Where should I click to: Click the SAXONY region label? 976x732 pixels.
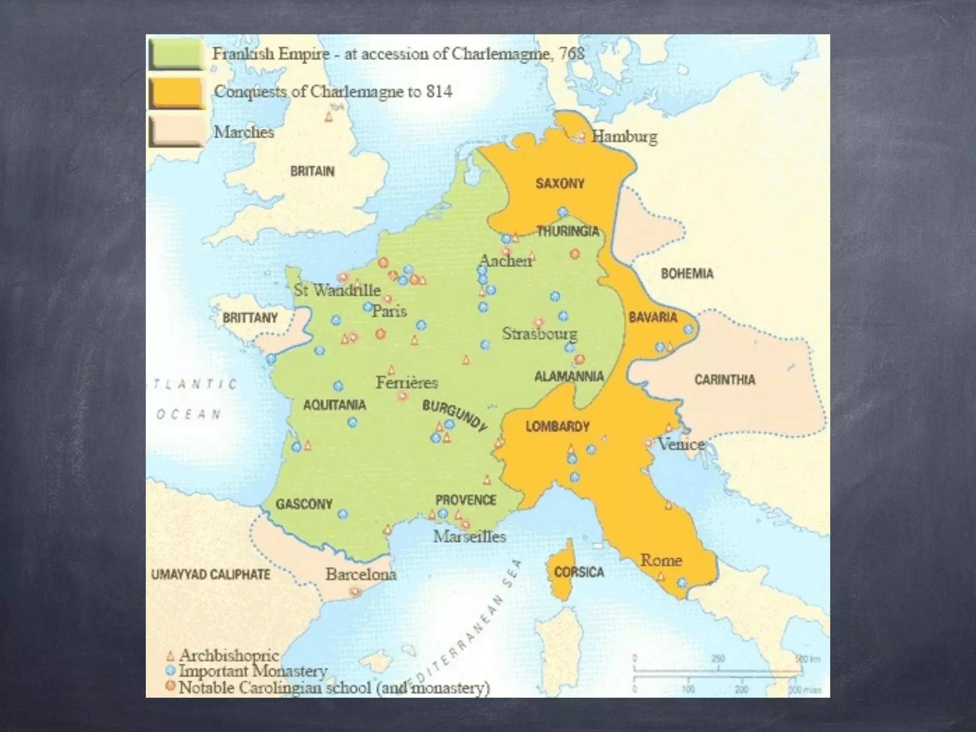(560, 183)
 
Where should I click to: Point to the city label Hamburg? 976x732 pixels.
(624, 137)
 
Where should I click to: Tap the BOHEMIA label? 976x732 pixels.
(687, 274)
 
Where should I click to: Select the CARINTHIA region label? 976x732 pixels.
(724, 380)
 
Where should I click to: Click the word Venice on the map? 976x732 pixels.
(681, 444)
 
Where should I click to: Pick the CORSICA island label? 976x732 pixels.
(579, 572)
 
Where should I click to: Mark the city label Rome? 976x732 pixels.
(661, 560)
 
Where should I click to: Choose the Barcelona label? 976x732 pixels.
(361, 574)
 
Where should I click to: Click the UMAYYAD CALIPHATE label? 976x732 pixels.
(210, 575)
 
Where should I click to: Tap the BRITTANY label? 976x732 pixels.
(250, 318)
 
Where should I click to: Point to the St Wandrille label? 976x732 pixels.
(337, 290)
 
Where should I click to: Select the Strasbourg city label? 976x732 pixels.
(539, 334)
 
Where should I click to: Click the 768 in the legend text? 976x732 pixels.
(571, 53)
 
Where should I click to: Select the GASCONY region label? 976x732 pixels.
(304, 504)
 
